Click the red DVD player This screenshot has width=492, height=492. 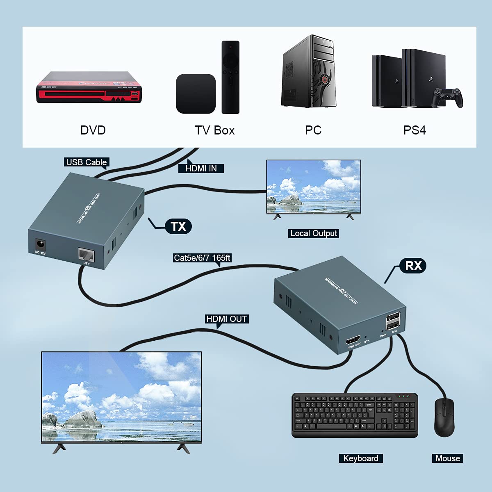pos(89,87)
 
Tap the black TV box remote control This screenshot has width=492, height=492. pos(230,77)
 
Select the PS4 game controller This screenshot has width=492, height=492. pos(449,98)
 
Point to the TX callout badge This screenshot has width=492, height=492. pos(178,226)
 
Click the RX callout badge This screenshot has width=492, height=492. pos(413,266)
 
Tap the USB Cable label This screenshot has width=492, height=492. pos(87,162)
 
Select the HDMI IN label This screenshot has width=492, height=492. pos(201,168)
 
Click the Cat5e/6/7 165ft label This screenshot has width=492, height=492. pos(202,258)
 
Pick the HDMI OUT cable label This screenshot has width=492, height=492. pos(226,319)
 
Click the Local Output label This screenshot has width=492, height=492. pos(314,233)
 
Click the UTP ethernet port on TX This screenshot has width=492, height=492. pos(86,255)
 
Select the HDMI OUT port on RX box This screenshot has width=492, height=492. pos(353,340)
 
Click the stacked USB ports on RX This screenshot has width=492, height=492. pos(393,321)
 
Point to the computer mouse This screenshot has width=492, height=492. pos(444,417)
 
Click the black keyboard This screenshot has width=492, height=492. pos(355,415)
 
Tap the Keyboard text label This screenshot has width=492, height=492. pos(361,458)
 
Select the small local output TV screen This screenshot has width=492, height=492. pos(314,187)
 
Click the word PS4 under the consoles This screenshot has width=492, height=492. pos(415,130)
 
